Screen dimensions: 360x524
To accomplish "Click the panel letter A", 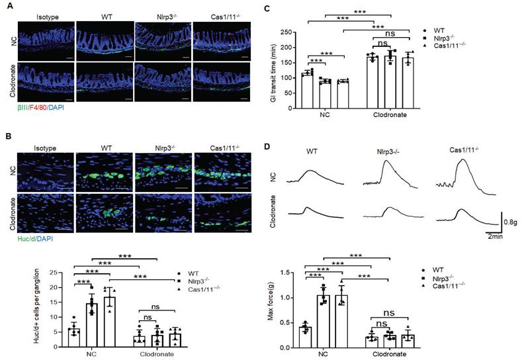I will coord(7,8).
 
